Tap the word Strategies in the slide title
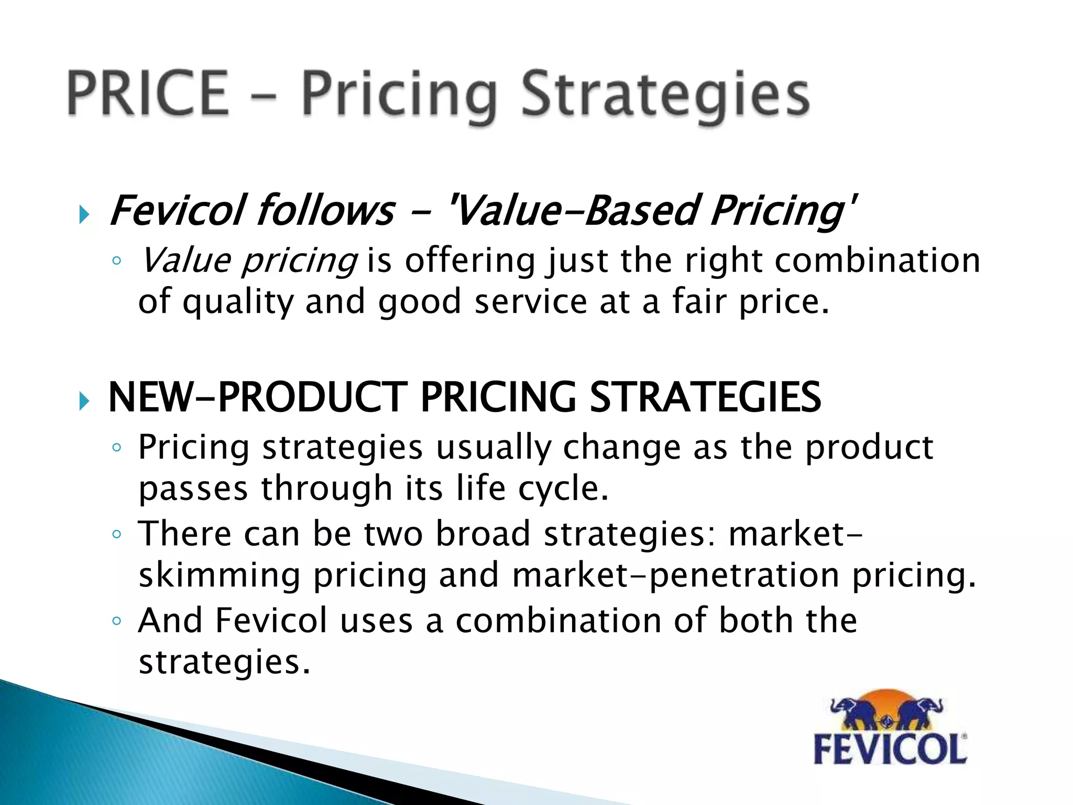[x=665, y=95]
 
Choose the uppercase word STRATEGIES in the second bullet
[x=705, y=397]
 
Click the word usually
[x=493, y=448]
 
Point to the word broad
[x=483, y=534]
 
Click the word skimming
[x=220, y=575]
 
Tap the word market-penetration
[x=676, y=575]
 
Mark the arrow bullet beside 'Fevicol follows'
[x=84, y=214]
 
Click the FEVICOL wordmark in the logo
[x=890, y=749]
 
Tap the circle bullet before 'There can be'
[x=117, y=535]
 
